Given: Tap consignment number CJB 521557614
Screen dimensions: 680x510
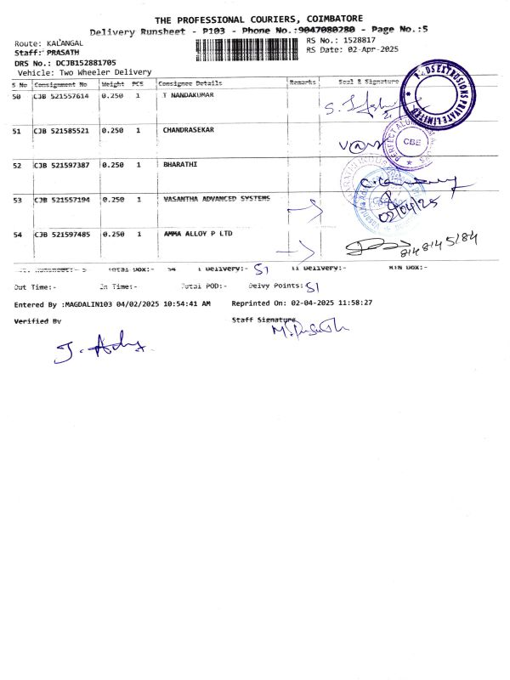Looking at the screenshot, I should pyautogui.click(x=60, y=96).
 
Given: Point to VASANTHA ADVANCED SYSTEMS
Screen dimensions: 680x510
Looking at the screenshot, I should pyautogui.click(x=216, y=198).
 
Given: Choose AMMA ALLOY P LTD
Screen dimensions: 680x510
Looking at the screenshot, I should pyautogui.click(x=197, y=233).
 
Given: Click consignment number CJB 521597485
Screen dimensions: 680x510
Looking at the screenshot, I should pyautogui.click(x=60, y=233).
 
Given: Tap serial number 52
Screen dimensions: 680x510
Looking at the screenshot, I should pyautogui.click(x=17, y=165).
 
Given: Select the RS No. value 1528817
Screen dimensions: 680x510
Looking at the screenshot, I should pyautogui.click(x=358, y=40).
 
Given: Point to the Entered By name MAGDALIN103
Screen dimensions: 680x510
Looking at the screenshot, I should pyautogui.click(x=85, y=303).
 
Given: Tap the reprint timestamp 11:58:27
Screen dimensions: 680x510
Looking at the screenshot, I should pyautogui.click(x=354, y=303).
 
